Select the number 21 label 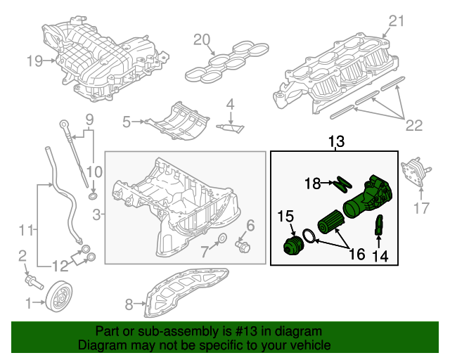(x=397, y=21)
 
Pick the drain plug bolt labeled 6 (x=245, y=247)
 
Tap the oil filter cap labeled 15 (x=290, y=248)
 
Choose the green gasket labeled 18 (x=341, y=184)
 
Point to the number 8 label (x=128, y=304)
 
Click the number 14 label (x=380, y=256)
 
